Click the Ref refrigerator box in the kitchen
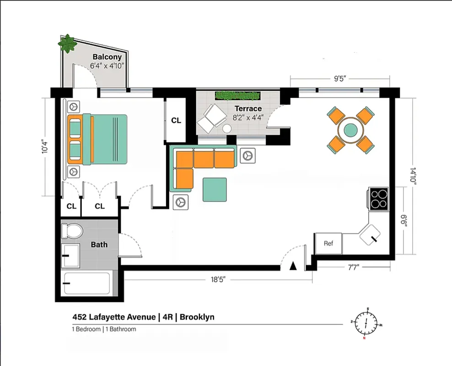point(328,243)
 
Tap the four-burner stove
point(378,199)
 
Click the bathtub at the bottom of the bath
point(87,284)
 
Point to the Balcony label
point(107,57)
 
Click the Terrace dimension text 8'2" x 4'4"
point(248,117)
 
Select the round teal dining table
point(351,130)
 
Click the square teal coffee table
point(215,189)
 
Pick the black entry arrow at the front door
point(294,265)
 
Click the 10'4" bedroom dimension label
point(44,146)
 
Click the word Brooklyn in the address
point(198,317)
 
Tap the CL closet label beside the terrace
point(176,121)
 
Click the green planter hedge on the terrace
point(237,95)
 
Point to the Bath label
point(99,244)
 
